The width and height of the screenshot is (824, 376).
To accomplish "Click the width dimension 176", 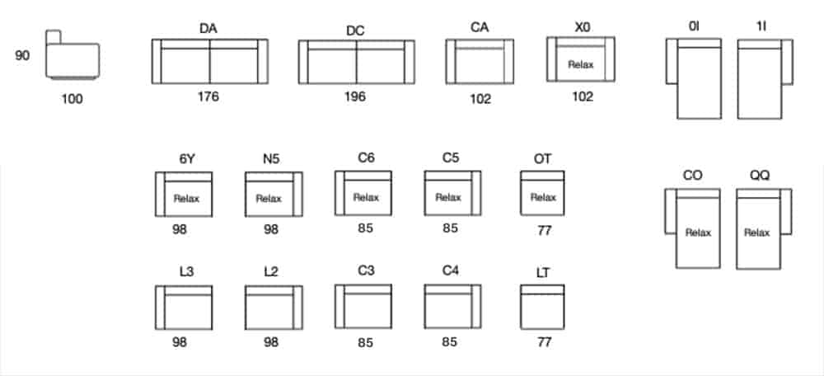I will [x=208, y=96].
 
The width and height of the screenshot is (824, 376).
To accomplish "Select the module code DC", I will [x=355, y=31].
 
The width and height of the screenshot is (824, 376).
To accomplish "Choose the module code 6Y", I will [x=186, y=159].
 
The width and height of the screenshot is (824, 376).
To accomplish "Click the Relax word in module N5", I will [x=269, y=198].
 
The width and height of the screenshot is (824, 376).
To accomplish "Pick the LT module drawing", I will [x=542, y=305].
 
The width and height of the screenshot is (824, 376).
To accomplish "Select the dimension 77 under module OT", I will [x=544, y=231].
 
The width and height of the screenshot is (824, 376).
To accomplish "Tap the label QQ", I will [x=760, y=175].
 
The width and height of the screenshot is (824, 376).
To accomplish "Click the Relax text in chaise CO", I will [x=698, y=233].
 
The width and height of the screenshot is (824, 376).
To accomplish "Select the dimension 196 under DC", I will [x=355, y=96].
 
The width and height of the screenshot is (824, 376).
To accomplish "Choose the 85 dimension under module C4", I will [x=449, y=341].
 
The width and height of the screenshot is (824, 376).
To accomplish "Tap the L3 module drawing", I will [x=185, y=307].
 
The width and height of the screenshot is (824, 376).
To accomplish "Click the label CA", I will [x=480, y=27].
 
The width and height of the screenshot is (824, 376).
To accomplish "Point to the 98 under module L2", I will [x=271, y=341].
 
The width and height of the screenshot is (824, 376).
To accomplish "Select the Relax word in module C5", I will [x=448, y=197].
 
